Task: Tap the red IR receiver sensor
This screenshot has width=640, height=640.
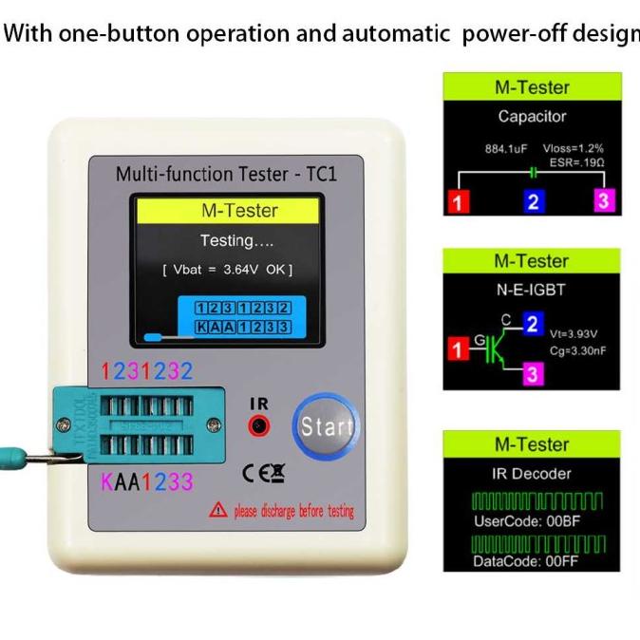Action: click(x=258, y=426)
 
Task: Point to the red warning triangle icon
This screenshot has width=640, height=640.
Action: click(x=218, y=511)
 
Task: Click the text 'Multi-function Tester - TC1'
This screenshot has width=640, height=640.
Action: click(x=226, y=175)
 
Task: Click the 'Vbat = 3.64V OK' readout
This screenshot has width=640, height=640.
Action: click(x=227, y=270)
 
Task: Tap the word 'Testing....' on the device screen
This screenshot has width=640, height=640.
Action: click(x=236, y=240)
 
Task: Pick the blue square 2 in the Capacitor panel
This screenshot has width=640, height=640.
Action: click(x=533, y=201)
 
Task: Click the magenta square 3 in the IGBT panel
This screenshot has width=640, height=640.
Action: click(x=533, y=374)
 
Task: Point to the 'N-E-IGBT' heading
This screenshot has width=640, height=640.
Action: click(x=532, y=291)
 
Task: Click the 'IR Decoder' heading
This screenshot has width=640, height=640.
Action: click(x=532, y=473)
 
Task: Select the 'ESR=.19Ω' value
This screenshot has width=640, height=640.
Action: click(x=573, y=162)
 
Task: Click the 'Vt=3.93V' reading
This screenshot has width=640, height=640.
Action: click(x=575, y=333)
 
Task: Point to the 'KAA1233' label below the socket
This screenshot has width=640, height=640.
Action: click(x=147, y=482)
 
